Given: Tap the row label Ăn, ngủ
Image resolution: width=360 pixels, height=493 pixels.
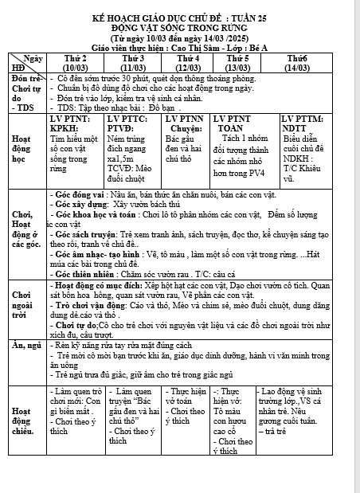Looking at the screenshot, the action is pyautogui.click(x=23, y=346).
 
